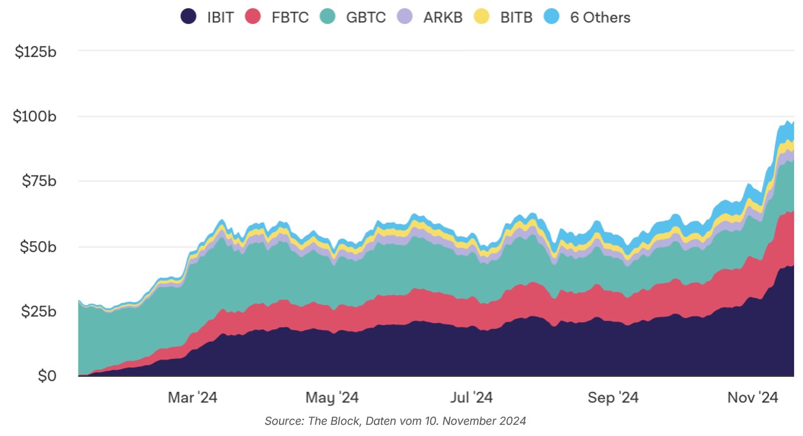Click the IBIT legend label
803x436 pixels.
point(220,17)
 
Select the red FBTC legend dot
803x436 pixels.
point(253,16)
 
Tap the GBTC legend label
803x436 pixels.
point(366,17)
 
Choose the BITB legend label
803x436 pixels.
point(516,17)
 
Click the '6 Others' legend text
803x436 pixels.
point(600,17)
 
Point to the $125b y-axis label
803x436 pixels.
point(36,52)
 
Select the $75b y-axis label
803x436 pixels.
point(38,181)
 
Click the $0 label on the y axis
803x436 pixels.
point(47,376)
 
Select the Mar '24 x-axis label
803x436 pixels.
point(192,397)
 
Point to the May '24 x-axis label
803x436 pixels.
point(332,397)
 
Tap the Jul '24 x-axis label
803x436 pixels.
point(472,397)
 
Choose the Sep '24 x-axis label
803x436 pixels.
point(613,397)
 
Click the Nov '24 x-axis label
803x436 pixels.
point(753,397)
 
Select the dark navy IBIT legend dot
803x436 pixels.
point(188,16)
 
